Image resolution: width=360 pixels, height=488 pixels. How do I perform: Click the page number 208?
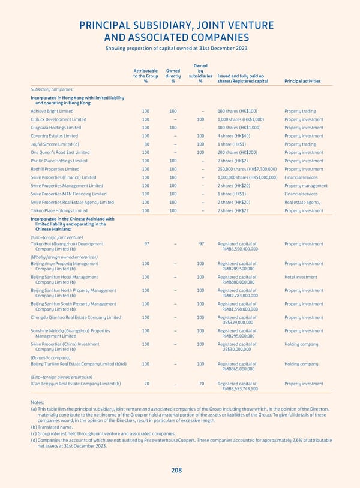pos(176,471)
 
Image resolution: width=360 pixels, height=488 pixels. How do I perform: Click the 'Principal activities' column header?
pos(302,82)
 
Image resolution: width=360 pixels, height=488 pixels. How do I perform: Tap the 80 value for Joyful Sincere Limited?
pos(146,144)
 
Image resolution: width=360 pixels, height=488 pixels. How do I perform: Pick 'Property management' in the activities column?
pos(306,186)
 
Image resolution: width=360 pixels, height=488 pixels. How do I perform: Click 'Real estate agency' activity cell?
pos(302,202)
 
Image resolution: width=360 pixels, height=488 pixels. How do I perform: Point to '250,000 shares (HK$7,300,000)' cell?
pos(245,169)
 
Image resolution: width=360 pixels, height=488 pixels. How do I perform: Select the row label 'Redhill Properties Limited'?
pos(56,169)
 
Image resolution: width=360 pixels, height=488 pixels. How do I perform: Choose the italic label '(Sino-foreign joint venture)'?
pos(59,237)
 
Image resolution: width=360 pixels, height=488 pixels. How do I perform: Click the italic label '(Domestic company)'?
pos(52,357)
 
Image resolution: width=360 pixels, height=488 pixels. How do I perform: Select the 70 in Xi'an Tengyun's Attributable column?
pos(146,384)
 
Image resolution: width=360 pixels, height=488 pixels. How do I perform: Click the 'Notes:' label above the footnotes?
pos(38,402)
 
